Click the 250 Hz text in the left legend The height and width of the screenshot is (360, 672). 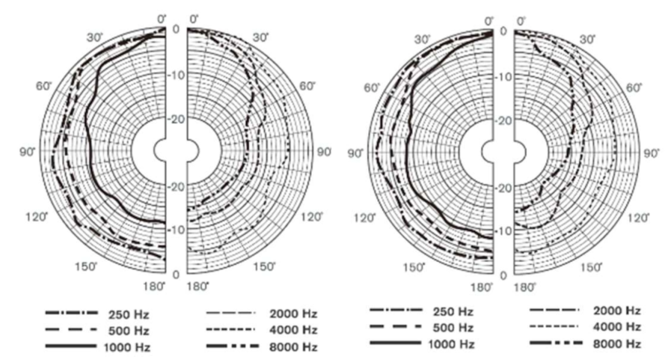129,315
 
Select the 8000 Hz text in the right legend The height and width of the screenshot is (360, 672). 617,344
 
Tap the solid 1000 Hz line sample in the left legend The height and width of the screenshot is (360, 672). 71,346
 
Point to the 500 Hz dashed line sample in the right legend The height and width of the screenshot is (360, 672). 396,327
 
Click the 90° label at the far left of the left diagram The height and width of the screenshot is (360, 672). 27,152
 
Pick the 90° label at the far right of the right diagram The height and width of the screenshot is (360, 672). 652,154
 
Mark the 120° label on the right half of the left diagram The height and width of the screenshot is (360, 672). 312,217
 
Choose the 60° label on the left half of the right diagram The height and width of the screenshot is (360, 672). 372,88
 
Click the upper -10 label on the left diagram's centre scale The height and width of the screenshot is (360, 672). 176,75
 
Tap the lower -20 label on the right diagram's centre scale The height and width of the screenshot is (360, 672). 503,189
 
